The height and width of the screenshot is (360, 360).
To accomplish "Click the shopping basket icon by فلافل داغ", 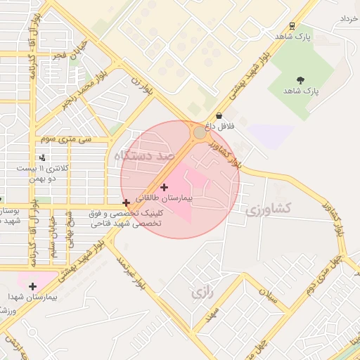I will [x=219, y=115].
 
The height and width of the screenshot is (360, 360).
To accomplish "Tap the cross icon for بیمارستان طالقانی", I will [x=165, y=187].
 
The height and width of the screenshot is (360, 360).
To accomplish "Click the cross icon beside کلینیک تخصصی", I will [x=126, y=203].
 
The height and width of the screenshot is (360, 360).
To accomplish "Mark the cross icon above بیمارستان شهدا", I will [x=32, y=286].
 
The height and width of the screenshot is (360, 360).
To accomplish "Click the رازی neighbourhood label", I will [x=202, y=292].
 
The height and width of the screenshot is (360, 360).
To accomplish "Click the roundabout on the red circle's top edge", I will [x=200, y=132].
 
